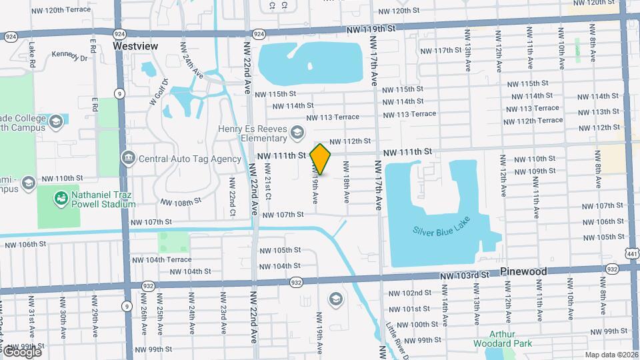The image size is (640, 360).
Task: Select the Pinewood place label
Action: click(x=523, y=272)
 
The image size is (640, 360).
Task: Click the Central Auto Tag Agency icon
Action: click(x=128, y=159)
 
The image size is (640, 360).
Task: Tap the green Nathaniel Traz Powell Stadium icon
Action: click(x=61, y=198)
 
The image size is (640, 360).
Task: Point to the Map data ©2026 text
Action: click(x=611, y=355)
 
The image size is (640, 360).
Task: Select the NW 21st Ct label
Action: click(x=267, y=187)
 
